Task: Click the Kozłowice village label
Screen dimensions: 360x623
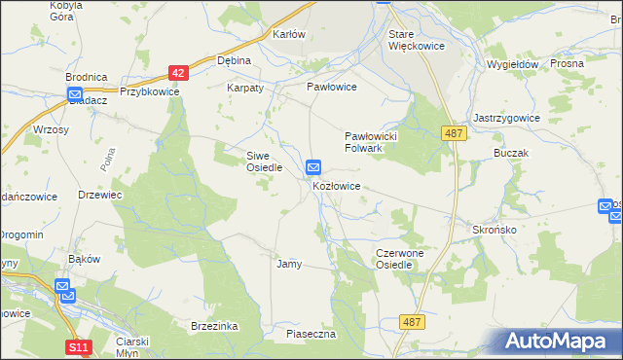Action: click(338, 186)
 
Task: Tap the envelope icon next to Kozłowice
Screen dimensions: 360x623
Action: click(313, 168)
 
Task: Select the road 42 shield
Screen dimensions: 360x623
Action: click(177, 73)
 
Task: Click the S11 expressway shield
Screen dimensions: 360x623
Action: click(80, 346)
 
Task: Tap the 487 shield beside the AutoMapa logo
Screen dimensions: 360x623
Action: click(412, 320)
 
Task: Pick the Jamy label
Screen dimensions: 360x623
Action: click(289, 264)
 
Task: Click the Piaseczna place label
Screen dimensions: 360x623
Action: click(311, 334)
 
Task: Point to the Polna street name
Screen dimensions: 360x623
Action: click(108, 164)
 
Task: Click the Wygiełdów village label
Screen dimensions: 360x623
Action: click(512, 64)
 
